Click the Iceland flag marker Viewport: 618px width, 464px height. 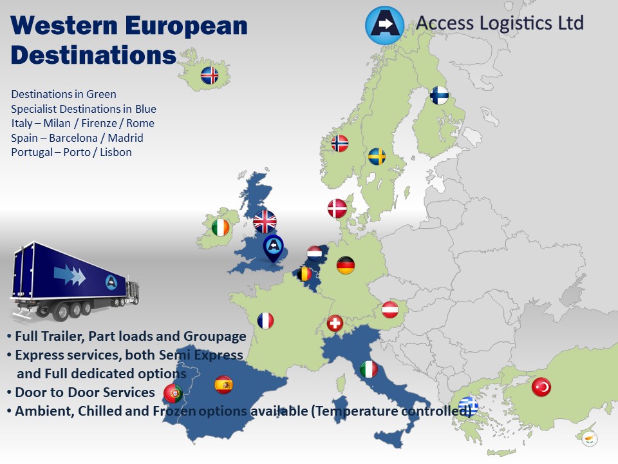[x=209, y=75]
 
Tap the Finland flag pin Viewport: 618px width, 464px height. [x=440, y=95]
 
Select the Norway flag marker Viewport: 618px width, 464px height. [x=340, y=143]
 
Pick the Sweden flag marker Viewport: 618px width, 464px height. [x=377, y=157]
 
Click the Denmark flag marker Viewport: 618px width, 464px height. [x=337, y=208]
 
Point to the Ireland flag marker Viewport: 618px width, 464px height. [x=220, y=227]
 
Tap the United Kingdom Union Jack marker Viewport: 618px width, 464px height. [x=265, y=222]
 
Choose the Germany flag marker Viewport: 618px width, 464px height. [x=346, y=265]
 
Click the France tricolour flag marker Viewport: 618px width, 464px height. [x=265, y=320]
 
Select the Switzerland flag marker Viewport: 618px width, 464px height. [x=335, y=323]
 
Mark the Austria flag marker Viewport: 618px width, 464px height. [x=390, y=310]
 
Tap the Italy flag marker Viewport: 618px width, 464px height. [x=368, y=369]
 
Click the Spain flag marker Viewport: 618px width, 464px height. [x=223, y=385]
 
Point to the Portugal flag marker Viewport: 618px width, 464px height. [x=173, y=392]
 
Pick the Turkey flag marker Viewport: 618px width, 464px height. [x=541, y=387]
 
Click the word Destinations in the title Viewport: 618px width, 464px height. [x=93, y=55]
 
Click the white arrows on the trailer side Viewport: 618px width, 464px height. [x=73, y=275]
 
